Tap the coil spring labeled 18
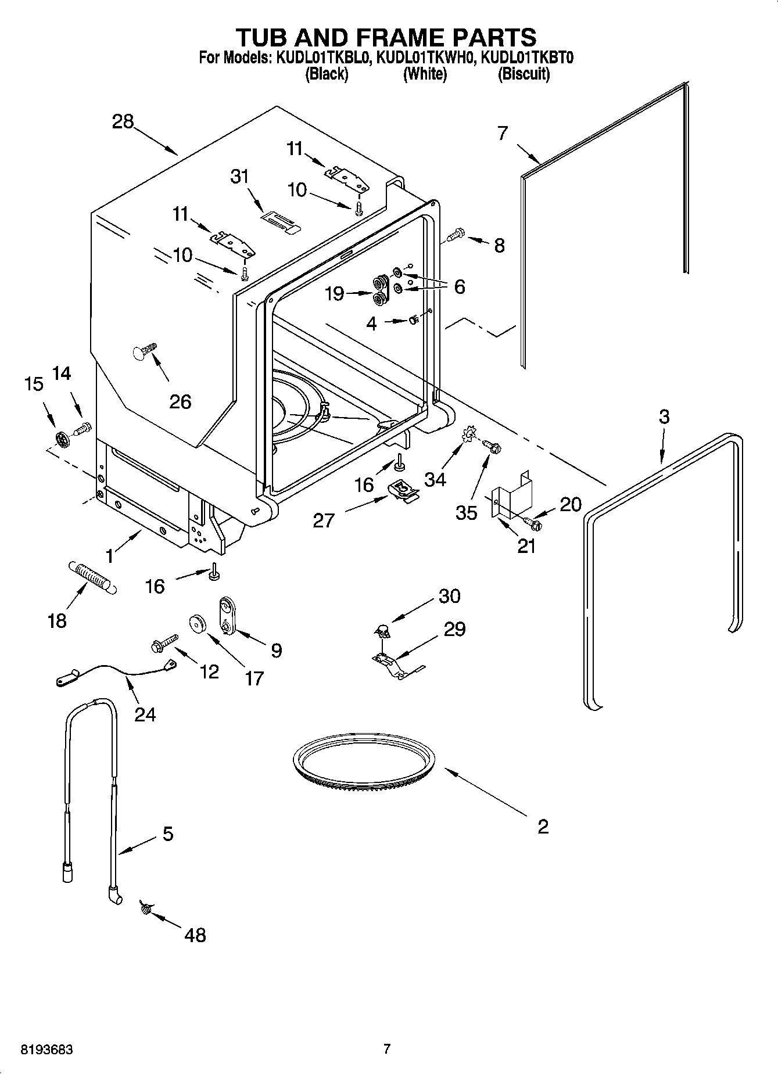click(94, 576)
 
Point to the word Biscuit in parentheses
click(524, 74)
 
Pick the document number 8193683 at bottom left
click(47, 1050)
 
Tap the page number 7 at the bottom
click(387, 1049)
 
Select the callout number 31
click(239, 176)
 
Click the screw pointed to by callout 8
click(457, 234)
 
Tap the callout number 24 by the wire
click(145, 714)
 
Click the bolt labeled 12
click(163, 644)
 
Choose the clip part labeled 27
click(403, 490)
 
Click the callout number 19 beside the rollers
click(334, 293)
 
